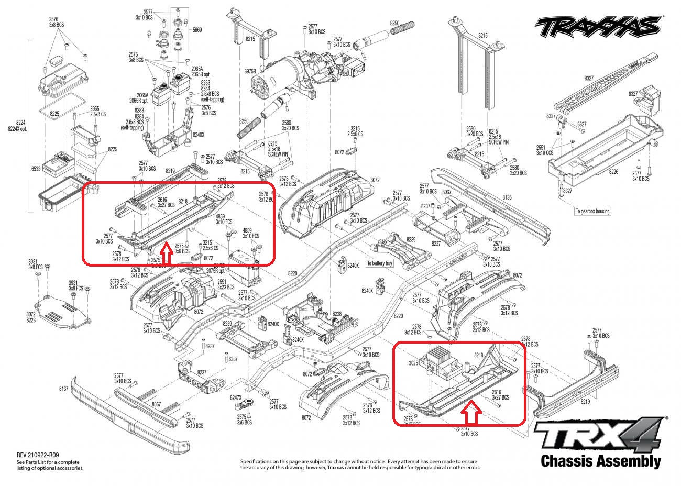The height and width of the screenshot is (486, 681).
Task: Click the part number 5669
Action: coord(197,30)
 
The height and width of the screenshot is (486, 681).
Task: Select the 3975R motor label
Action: coord(249,71)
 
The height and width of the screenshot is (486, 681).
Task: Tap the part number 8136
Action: coord(507,197)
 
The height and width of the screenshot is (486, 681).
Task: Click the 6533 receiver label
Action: coord(36,169)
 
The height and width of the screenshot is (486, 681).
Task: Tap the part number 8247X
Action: coord(236,398)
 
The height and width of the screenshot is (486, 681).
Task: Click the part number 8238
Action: coord(337,314)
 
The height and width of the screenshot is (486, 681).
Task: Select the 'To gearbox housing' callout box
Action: coord(592,211)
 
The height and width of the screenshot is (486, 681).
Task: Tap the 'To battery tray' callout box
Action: coord(379,263)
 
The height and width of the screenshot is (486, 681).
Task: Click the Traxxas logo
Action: coord(596,25)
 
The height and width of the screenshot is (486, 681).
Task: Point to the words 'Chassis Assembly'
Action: coord(600,461)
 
